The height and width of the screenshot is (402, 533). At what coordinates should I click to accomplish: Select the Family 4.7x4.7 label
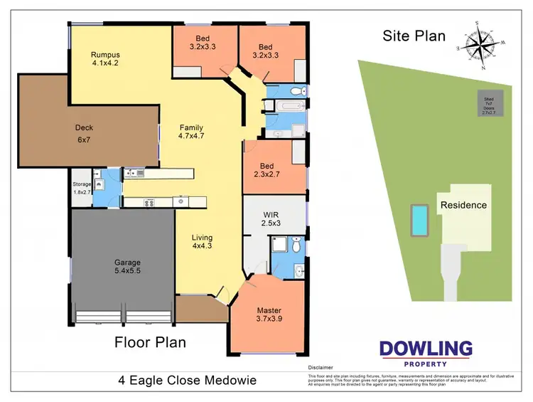pos(192,132)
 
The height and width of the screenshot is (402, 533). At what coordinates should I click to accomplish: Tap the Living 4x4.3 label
pos(202,242)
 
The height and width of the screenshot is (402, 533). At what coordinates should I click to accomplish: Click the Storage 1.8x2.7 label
pos(82,188)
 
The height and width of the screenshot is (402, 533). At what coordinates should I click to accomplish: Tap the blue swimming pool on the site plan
pos(420,221)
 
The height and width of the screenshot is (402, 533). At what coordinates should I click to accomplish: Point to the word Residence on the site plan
pos(463,205)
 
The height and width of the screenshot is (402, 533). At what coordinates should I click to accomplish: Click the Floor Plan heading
pos(151,342)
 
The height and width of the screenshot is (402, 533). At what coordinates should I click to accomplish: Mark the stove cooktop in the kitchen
pos(150,202)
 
